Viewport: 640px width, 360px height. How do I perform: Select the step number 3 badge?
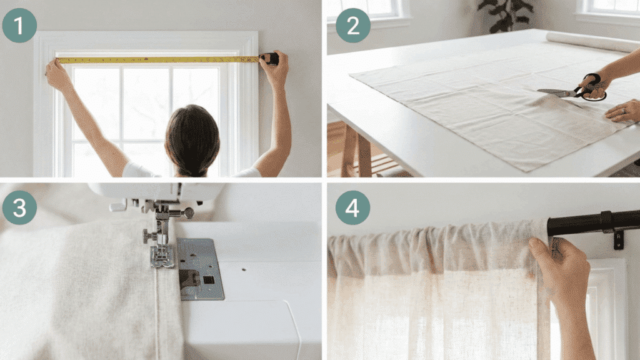pos(19,207)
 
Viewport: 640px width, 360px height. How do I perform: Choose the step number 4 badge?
pos(353,207)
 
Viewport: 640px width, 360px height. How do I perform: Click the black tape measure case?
pos(271,59)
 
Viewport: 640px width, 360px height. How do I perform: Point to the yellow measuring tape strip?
pos(156,60)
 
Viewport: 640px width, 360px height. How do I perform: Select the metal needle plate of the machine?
pos(200,269)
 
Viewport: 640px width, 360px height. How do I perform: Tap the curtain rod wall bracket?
pos(618,235)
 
